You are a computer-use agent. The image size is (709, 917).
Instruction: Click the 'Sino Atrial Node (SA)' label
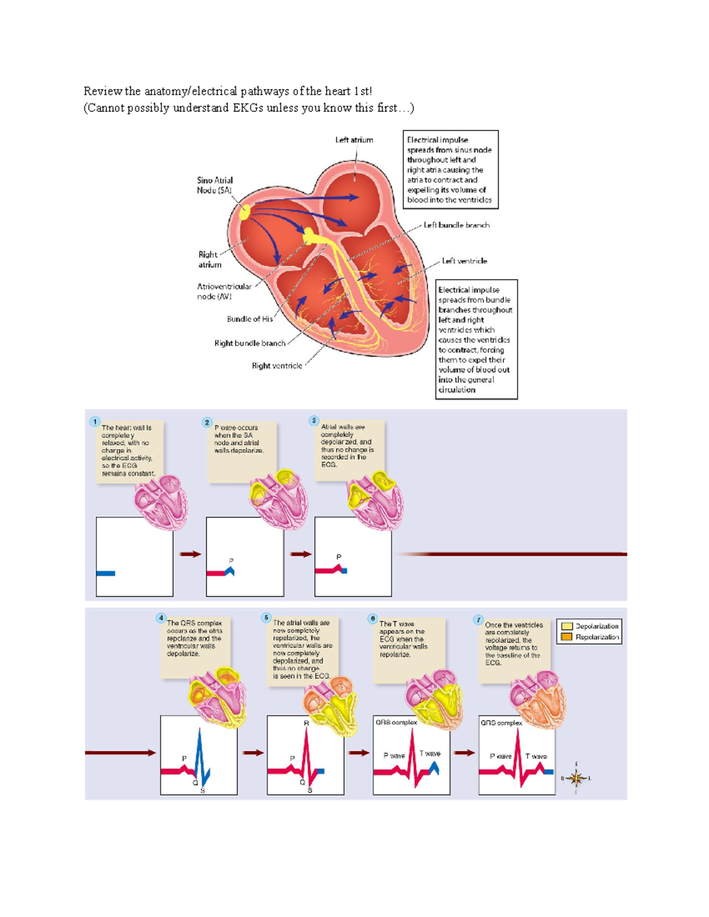tap(214, 185)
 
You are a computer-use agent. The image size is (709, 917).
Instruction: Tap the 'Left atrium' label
tap(354, 140)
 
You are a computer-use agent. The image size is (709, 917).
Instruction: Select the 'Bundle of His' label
tap(249, 319)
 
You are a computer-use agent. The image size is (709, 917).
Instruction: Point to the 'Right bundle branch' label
tap(249, 343)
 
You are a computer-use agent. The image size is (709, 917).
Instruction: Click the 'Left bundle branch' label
tap(456, 225)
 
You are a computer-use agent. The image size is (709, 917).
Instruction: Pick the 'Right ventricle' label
tap(277, 366)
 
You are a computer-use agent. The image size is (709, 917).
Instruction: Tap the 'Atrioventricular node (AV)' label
tap(224, 291)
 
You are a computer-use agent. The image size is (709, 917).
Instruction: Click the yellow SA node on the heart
tap(245, 213)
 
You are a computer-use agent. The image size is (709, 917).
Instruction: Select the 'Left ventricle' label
tap(464, 260)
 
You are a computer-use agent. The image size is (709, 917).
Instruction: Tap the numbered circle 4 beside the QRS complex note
tap(161, 618)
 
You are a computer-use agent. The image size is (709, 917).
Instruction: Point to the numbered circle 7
tap(478, 619)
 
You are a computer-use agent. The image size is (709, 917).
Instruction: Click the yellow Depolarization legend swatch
tap(567, 626)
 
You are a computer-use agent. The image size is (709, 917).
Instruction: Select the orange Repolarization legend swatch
tap(567, 637)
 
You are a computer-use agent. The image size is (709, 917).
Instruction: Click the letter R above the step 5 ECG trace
tap(306, 723)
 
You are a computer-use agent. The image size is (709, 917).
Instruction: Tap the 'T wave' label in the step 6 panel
tap(430, 753)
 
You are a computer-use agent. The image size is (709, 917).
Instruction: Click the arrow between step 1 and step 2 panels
tap(190, 554)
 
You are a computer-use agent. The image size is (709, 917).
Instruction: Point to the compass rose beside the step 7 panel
tap(576, 778)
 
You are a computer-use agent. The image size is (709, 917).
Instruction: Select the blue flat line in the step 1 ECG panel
tap(106, 573)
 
